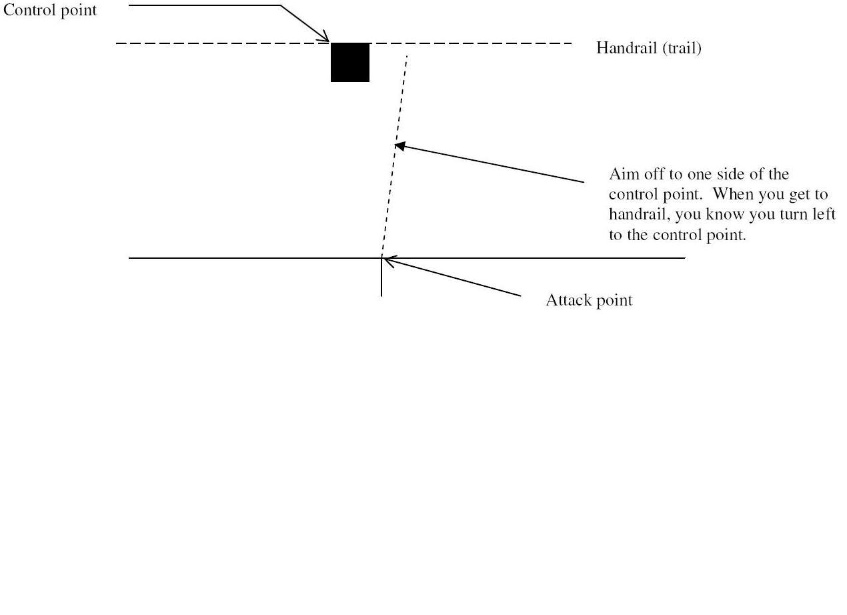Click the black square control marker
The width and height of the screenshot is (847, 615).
pyautogui.click(x=350, y=62)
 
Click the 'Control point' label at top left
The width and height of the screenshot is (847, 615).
pyautogui.click(x=50, y=11)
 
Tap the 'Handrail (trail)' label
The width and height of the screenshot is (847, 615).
pyautogui.click(x=648, y=48)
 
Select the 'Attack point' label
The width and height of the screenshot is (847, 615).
pyautogui.click(x=589, y=300)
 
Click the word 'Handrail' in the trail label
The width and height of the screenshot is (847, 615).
pyautogui.click(x=627, y=48)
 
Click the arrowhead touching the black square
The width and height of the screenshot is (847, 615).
pyautogui.click(x=325, y=37)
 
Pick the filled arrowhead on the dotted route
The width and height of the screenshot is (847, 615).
pyautogui.click(x=400, y=145)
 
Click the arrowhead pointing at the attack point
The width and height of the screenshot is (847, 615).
pyautogui.click(x=389, y=261)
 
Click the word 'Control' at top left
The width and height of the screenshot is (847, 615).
pyautogui.click(x=30, y=11)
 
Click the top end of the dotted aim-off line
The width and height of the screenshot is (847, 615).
pyautogui.click(x=407, y=57)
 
